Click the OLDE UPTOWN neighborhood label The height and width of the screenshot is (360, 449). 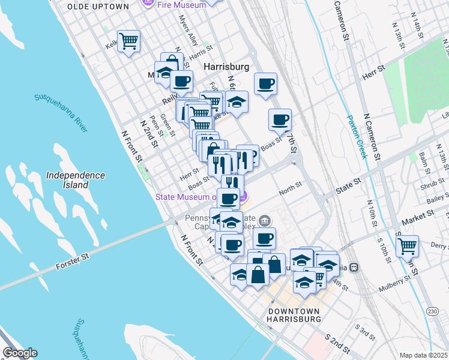(x=98, y=6)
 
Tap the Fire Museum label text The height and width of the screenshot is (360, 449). (x=181, y=4)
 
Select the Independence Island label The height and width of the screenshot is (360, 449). (x=76, y=179)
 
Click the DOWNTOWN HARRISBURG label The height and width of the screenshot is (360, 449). (x=294, y=315)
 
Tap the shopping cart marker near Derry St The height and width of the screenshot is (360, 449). (x=407, y=245)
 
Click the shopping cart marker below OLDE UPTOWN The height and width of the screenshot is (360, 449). (x=128, y=41)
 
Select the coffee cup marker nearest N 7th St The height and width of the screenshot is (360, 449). (x=280, y=120)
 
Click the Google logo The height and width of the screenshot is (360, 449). (x=20, y=353)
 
